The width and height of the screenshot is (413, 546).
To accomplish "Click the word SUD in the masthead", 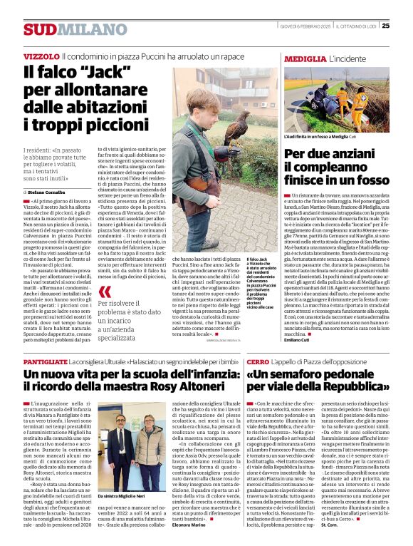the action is pos(38,29).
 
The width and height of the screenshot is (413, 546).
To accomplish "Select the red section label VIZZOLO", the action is pos(41,56).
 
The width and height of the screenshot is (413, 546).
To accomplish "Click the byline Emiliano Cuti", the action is pos(298,339).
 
